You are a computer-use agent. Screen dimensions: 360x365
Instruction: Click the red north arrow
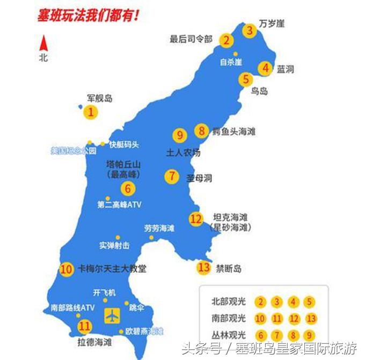pyautogui.click(x=43, y=43)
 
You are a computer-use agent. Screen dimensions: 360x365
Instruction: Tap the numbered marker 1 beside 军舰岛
pyautogui.click(x=91, y=112)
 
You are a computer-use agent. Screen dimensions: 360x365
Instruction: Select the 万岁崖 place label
pyautogui.click(x=272, y=24)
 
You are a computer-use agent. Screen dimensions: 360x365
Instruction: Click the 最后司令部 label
pyautogui.click(x=191, y=39)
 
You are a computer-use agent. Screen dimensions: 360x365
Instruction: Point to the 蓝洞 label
pyautogui.click(x=285, y=69)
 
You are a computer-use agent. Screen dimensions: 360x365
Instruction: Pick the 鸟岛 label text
pyautogui.click(x=260, y=91)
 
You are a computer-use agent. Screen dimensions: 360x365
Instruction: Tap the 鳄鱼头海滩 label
pyautogui.click(x=233, y=131)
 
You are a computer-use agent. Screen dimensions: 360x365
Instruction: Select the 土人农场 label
pyautogui.click(x=183, y=153)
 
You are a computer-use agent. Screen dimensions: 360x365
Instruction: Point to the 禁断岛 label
pyautogui.click(x=229, y=268)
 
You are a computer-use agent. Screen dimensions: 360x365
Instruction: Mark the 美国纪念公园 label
pyautogui.click(x=73, y=151)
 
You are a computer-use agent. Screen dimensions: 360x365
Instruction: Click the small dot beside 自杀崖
pyautogui.click(x=236, y=54)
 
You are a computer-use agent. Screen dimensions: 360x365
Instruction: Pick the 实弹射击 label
pyautogui.click(x=114, y=246)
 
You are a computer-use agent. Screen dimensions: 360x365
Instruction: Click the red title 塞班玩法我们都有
pyautogui.click(x=89, y=15)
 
